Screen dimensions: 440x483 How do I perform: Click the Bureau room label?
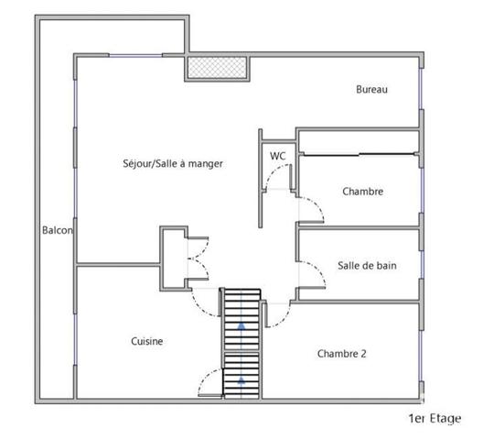pos(372,90)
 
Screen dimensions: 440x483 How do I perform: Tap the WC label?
pos(278,156)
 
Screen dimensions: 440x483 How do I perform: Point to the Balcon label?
pos(58,230)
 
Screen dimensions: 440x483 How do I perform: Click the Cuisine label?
pos(146,342)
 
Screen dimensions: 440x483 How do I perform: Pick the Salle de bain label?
pos(367,266)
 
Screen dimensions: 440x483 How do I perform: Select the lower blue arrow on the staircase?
pos(241,377)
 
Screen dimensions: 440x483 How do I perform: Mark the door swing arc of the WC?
pos(274,183)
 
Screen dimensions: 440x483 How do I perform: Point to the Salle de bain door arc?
pos(314,268)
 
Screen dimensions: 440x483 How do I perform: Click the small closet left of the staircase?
pos(175,257)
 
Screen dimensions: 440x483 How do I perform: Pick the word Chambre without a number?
pos(362,192)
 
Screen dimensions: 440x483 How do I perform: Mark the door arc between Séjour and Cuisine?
pos(203,299)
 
